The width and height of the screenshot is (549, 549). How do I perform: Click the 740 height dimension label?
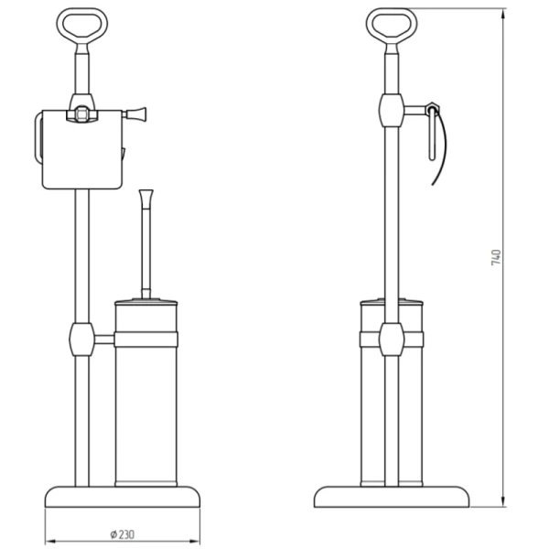point(496,257)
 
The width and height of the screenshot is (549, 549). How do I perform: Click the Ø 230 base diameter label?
point(123,534)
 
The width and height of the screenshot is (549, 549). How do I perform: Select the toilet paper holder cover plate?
point(82,150)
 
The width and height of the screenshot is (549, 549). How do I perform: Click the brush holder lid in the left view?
point(146,301)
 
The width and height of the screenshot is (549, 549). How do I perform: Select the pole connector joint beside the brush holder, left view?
point(82,339)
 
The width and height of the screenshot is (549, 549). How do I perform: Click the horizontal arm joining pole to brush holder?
point(104,339)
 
